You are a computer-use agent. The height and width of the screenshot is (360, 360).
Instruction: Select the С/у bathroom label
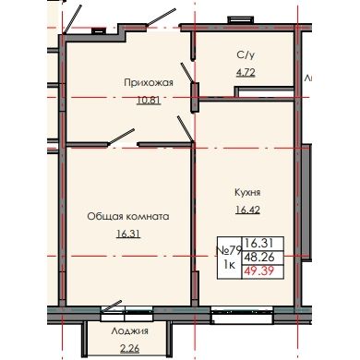pos(245,54)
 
